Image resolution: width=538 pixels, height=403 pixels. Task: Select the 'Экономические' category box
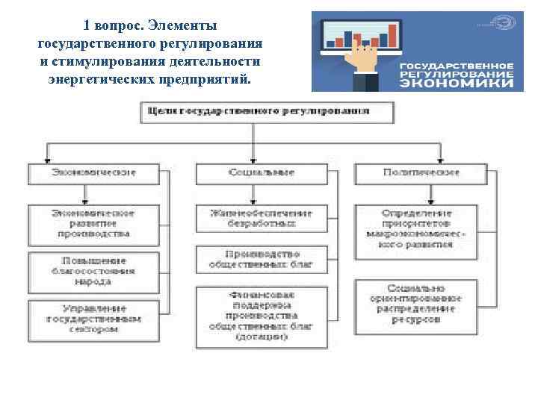point(94,174)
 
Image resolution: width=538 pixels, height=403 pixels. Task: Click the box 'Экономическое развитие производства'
point(94,222)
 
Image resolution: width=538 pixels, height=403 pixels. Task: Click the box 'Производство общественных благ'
point(262,259)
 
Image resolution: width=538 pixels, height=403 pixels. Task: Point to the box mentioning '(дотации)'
point(262,316)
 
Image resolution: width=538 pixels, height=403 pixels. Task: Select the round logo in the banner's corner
point(509,23)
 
